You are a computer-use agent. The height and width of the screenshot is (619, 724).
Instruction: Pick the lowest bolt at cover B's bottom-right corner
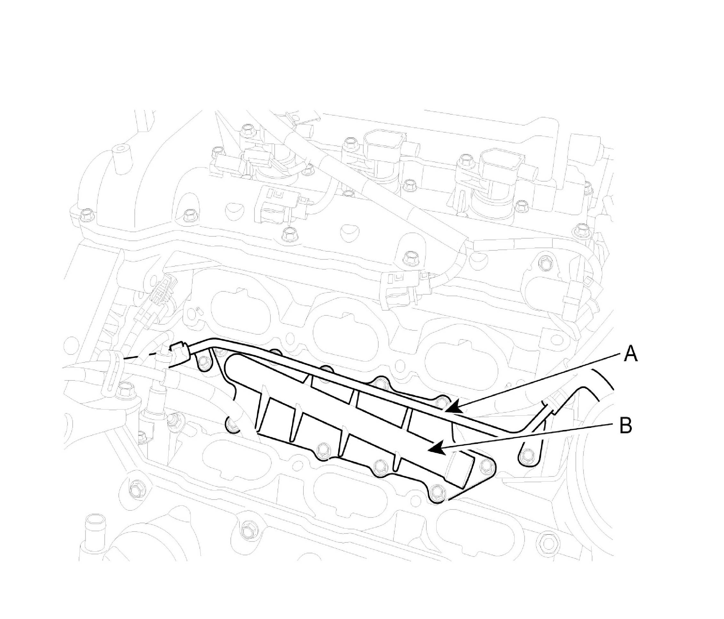pyautogui.click(x=436, y=493)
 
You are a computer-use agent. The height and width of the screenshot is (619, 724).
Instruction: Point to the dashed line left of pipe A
pyautogui.click(x=140, y=357)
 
